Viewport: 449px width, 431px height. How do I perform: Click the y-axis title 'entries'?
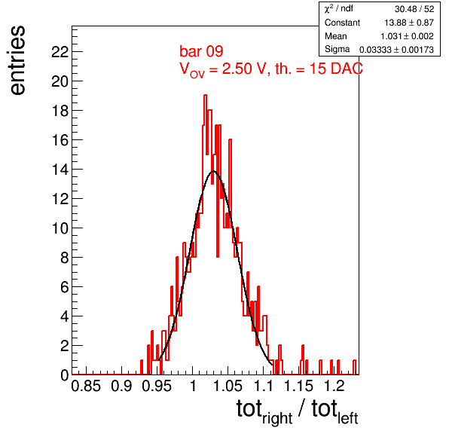pyautogui.click(x=18, y=60)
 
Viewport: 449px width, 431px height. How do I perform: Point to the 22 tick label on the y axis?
pyautogui.click(x=60, y=52)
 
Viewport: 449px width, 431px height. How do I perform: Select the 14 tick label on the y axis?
pyautogui.click(x=60, y=170)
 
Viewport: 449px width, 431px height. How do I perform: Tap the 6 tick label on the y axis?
pyautogui.click(x=65, y=287)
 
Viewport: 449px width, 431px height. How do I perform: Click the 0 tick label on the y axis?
pyautogui.click(x=65, y=375)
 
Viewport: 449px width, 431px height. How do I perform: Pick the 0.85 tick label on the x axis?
pyautogui.click(x=86, y=386)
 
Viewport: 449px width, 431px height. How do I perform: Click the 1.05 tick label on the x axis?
pyautogui.click(x=228, y=386)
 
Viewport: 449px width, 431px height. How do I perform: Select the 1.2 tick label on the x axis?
pyautogui.click(x=334, y=386)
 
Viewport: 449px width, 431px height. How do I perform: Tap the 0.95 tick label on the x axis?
pyautogui.click(x=157, y=386)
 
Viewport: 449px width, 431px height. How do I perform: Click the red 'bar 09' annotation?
pyautogui.click(x=201, y=51)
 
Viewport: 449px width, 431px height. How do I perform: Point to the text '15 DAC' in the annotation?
pyautogui.click(x=336, y=69)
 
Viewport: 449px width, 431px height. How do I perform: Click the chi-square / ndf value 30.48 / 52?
pyautogui.click(x=414, y=9)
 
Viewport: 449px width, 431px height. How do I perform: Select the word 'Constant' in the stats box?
pyautogui.click(x=342, y=23)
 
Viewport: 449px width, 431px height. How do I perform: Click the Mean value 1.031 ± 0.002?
pyautogui.click(x=407, y=36)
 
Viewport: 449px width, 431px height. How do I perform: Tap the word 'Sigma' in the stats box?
pyautogui.click(x=337, y=49)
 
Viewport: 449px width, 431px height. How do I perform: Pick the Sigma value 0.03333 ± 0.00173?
pyautogui.click(x=396, y=50)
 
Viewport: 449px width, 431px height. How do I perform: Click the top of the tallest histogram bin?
pyautogui.click(x=205, y=95)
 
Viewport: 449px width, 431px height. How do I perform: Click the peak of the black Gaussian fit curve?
pyautogui.click(x=213, y=171)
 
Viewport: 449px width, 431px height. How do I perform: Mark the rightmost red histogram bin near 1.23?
pyautogui.click(x=355, y=367)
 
